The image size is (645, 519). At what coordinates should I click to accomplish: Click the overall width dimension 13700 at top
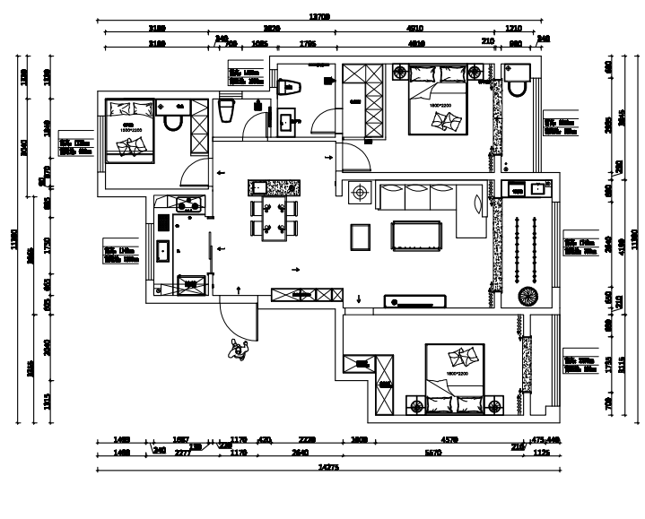pos(320,17)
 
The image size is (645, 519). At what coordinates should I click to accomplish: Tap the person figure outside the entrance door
pos(239,350)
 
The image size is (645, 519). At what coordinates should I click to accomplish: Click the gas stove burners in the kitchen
pos(191,203)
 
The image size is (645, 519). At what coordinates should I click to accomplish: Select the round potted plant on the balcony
pos(527,297)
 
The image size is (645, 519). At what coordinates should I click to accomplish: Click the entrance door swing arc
pos(235,321)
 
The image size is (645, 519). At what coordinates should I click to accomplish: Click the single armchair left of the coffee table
pos(362,236)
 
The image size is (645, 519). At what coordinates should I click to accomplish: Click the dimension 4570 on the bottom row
pos(449,440)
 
